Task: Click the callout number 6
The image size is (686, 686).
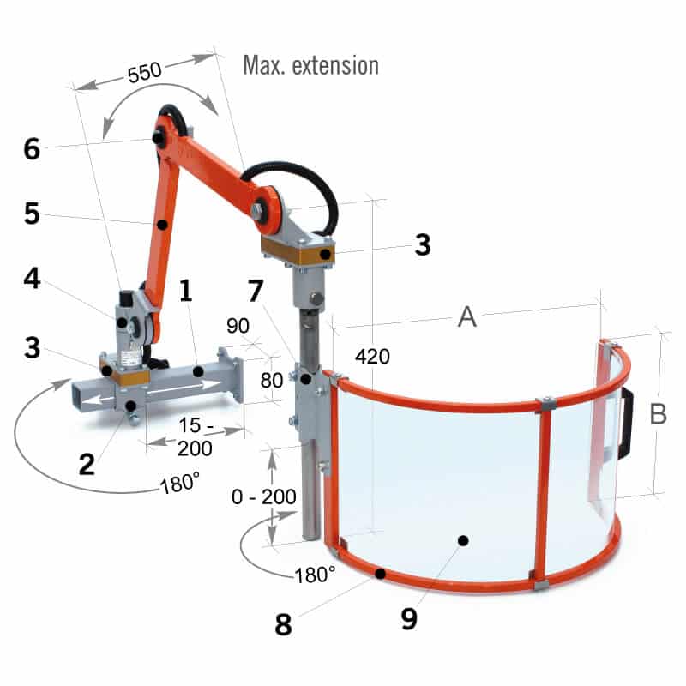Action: [x=32, y=149]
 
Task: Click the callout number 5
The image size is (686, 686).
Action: [x=32, y=213]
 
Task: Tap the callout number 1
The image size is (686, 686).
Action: [x=184, y=292]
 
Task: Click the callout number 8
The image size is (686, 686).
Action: [x=284, y=623]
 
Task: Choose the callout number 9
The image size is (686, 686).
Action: [x=409, y=617]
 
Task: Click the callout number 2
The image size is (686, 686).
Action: [x=87, y=464]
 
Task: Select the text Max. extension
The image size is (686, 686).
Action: [x=310, y=64]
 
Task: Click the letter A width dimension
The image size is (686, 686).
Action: [x=466, y=317]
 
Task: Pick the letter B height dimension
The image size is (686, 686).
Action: [x=658, y=414]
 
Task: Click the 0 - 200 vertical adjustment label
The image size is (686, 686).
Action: [x=267, y=497]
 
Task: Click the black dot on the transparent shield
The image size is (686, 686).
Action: [x=463, y=540]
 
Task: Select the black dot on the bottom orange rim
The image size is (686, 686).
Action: [x=382, y=572]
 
